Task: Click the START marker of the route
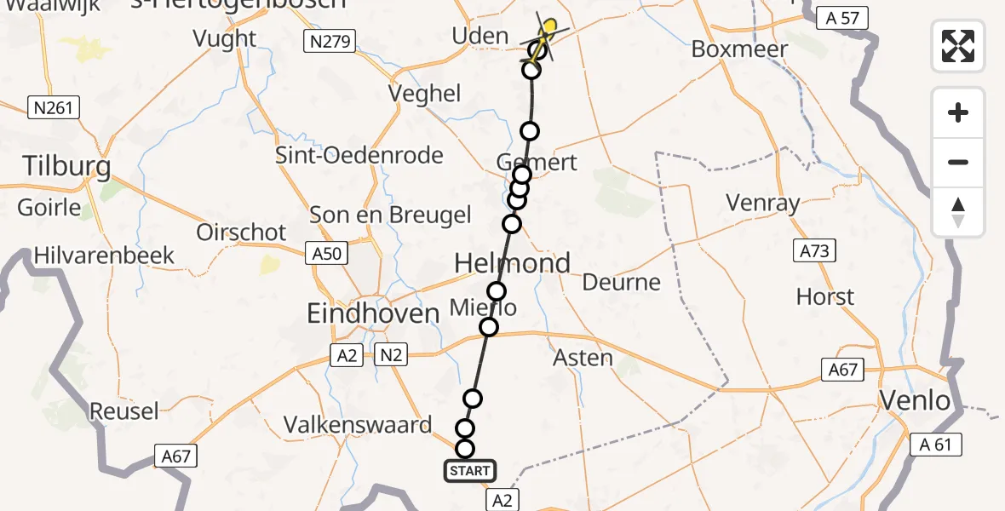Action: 468,471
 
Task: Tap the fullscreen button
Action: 958,46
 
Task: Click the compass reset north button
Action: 958,212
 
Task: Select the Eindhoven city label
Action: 373,313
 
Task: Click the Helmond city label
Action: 512,263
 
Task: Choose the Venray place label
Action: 763,203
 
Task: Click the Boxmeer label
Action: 739,49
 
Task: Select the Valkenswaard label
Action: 358,424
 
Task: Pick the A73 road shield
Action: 814,251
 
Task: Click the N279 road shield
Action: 330,40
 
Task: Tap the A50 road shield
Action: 327,253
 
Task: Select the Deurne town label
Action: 621,282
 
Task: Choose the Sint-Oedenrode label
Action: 359,155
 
